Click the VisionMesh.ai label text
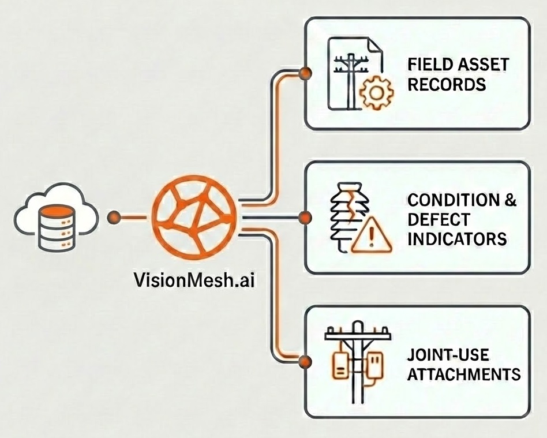coord(193,282)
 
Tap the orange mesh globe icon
coord(194,217)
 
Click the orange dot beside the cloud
coord(114,218)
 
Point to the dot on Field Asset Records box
coord(305,73)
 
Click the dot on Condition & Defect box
coord(305,218)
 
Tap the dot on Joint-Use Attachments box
coord(305,362)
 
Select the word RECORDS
coord(447,84)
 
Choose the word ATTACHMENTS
coord(464,374)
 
